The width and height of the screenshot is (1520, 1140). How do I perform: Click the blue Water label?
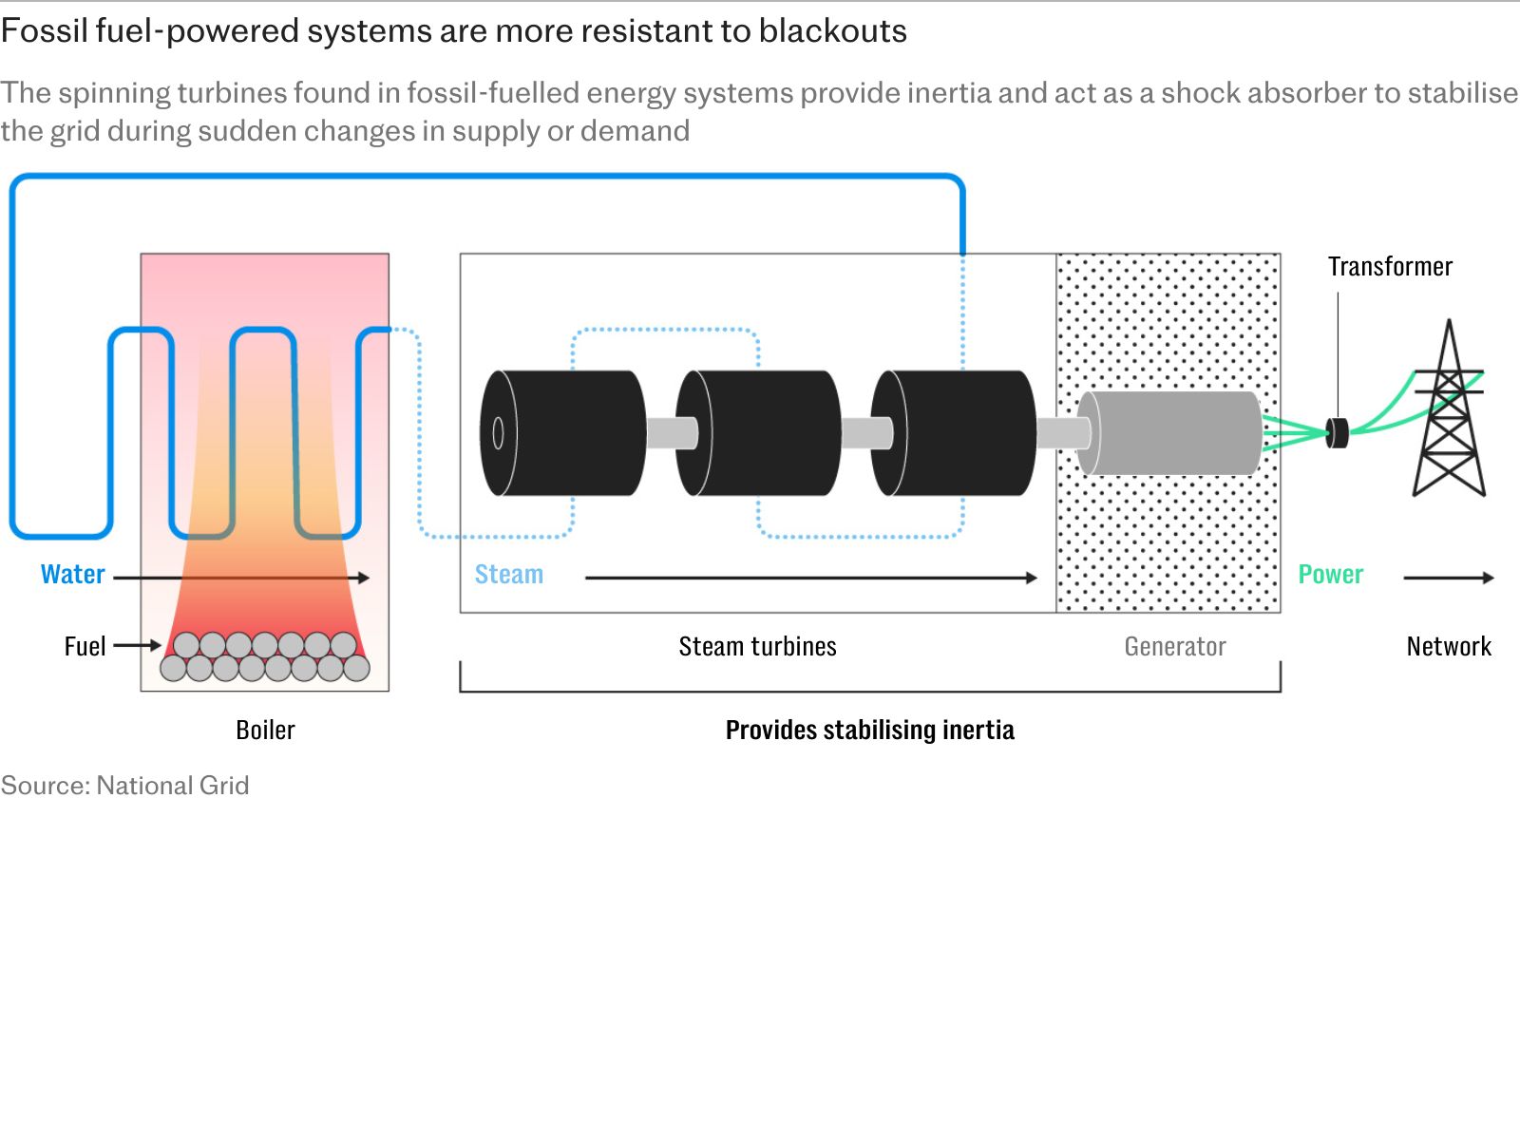tap(73, 575)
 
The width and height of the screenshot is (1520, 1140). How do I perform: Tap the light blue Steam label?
tap(509, 575)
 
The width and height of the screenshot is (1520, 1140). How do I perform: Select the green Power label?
tap(1330, 575)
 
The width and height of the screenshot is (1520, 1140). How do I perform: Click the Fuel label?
tap(85, 647)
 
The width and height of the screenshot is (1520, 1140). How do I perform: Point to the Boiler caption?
tap(265, 731)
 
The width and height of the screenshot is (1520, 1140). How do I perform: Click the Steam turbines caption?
tap(757, 647)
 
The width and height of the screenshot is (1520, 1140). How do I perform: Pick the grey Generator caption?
tap(1175, 647)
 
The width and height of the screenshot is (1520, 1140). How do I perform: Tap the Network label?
tap(1449, 647)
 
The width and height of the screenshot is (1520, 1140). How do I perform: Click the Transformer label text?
tap(1390, 267)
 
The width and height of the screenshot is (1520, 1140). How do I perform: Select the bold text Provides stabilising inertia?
tap(870, 731)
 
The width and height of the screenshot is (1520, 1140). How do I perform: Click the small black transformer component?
tap(1338, 433)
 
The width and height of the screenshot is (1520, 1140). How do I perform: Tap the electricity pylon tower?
tap(1449, 408)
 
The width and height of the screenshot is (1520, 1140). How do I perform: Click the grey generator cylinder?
tap(1169, 433)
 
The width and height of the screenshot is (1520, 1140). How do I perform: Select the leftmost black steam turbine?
tap(563, 433)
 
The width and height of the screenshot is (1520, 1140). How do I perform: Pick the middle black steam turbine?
tap(758, 433)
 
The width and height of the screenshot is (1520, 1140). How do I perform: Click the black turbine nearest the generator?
tap(954, 433)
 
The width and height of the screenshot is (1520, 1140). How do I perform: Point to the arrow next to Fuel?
tap(137, 646)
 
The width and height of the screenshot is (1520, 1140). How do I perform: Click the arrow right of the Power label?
tap(1449, 578)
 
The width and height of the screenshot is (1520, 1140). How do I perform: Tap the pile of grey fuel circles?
tap(264, 656)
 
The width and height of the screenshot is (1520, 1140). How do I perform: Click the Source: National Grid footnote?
tap(124, 786)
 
